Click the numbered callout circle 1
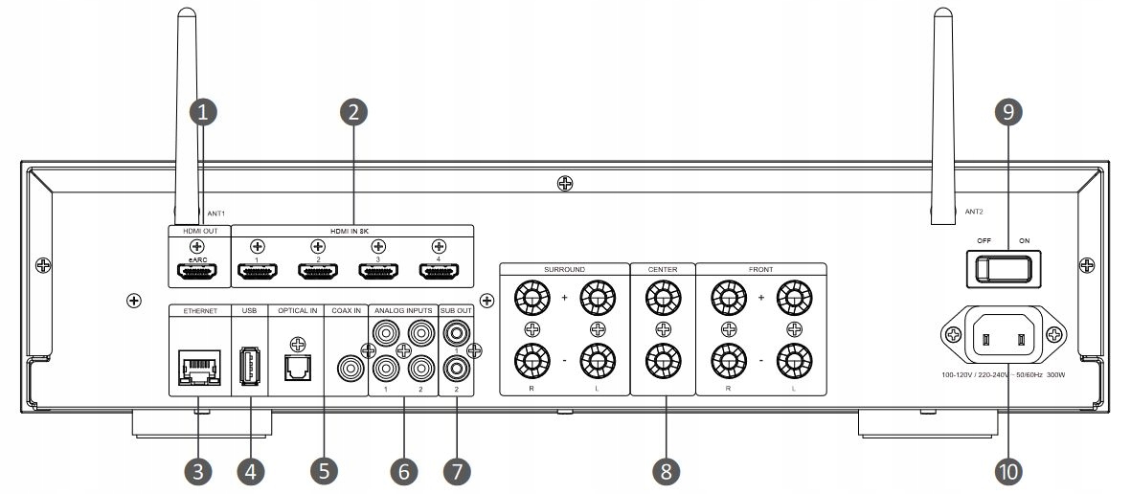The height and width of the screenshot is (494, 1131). click(x=203, y=112)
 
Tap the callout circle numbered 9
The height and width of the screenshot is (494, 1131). click(x=1007, y=112)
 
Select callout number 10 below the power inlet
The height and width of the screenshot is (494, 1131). click(x=1007, y=470)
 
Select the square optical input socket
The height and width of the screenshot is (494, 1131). click(x=298, y=366)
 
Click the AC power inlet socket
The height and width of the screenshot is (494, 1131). click(x=1002, y=336)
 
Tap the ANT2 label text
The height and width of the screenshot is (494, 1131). click(x=975, y=212)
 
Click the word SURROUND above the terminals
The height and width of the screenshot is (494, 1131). click(x=564, y=270)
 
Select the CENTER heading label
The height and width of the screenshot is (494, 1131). click(x=663, y=270)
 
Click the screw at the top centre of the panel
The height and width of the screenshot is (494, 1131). click(x=566, y=183)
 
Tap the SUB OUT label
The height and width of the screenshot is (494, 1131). click(x=457, y=310)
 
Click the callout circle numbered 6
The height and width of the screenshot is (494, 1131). click(x=404, y=470)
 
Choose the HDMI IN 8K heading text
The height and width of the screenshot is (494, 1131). click(x=351, y=231)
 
